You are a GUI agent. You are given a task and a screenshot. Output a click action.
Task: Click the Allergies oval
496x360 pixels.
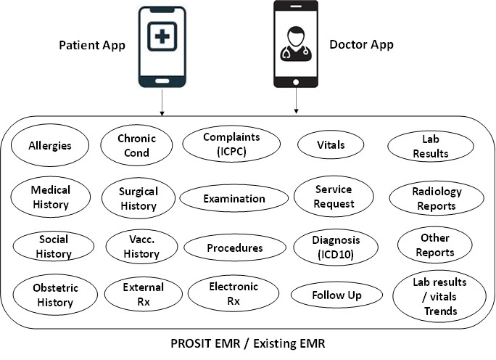pos(50,145)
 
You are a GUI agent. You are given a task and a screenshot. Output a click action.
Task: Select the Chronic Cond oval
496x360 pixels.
pos(136,145)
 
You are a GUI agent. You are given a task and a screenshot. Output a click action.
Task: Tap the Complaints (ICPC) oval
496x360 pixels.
pos(231,144)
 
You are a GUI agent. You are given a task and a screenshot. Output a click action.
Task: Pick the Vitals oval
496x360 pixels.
pos(331,144)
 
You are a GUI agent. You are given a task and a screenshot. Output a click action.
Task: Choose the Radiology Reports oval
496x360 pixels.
pos(437,198)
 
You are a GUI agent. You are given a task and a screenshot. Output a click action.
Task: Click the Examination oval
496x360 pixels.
pos(234,199)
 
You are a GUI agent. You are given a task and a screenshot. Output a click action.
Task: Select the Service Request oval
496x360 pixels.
pos(334,196)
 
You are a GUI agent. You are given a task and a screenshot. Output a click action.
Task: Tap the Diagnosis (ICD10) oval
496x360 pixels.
pos(336,247)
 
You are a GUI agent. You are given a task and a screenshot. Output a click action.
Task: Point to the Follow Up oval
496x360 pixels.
pos(336,295)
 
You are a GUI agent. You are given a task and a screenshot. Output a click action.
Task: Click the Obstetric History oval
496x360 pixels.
pos(55,295)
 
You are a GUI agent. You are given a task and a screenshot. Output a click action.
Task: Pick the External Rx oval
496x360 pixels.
pos(144,294)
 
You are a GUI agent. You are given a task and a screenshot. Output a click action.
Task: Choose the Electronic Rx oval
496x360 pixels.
pos(233,293)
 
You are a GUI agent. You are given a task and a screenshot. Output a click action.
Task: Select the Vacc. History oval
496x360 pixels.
pos(141,246)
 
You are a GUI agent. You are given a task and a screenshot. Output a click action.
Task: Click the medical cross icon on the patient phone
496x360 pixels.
pos(162,36)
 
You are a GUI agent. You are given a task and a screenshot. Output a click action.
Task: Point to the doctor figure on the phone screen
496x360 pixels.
pos(296,44)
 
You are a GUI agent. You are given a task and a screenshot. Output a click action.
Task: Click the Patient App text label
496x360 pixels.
pos(92,45)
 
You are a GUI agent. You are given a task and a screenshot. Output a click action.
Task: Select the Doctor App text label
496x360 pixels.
pos(362,45)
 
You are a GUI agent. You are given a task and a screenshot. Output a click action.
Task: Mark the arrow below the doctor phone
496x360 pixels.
pos(296,100)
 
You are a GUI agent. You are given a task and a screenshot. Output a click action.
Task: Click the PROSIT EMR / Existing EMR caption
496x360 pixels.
pos(248,343)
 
